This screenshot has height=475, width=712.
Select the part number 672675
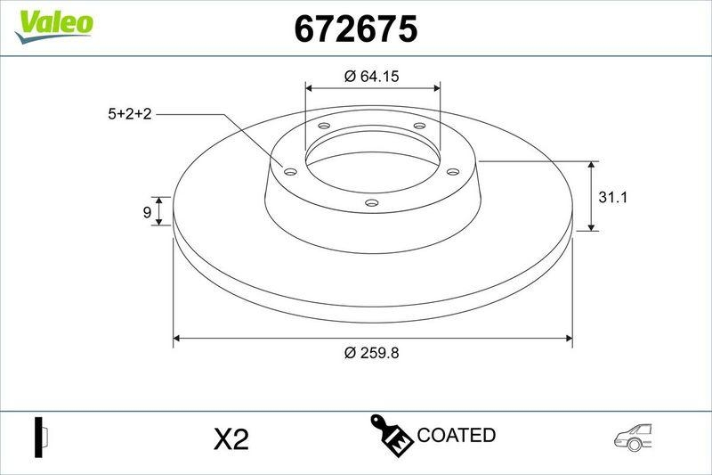click(x=356, y=29)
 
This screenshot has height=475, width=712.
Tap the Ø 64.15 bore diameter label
click(x=371, y=77)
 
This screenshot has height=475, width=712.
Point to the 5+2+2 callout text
click(x=130, y=114)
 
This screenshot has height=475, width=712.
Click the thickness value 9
click(x=146, y=212)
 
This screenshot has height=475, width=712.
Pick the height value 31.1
click(x=613, y=198)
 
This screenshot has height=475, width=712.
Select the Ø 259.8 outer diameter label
click(x=371, y=352)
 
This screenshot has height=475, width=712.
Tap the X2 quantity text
click(x=231, y=438)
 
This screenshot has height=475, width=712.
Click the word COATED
click(x=456, y=435)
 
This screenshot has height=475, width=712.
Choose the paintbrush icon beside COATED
click(x=390, y=434)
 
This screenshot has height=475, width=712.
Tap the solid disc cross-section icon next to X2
click(x=40, y=437)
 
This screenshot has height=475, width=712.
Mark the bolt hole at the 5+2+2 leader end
click(x=289, y=170)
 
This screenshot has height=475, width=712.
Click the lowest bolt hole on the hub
click(x=372, y=205)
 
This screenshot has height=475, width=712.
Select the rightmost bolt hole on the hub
click(x=451, y=170)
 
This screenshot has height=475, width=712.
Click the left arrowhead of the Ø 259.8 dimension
click(x=177, y=338)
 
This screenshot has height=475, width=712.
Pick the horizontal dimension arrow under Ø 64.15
click(x=372, y=88)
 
